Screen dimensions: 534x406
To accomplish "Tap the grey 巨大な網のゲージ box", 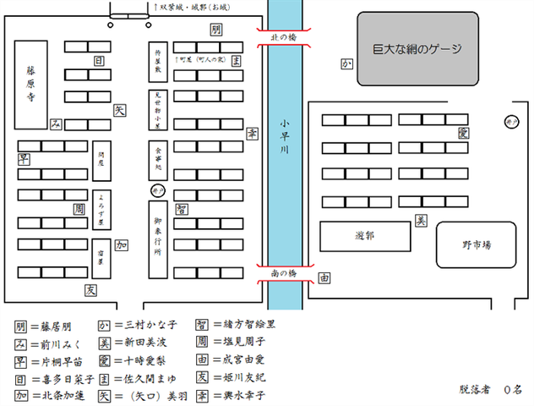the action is tap(417, 48).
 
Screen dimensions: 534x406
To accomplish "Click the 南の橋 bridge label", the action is tap(284, 274).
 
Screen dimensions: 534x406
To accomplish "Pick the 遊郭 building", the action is tap(365, 236).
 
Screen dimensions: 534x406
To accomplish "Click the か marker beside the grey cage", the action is tap(346, 64).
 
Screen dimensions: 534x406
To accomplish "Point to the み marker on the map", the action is tap(56, 124).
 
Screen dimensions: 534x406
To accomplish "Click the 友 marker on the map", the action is tap(90, 289).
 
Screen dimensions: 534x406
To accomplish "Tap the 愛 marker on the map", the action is tap(462, 133).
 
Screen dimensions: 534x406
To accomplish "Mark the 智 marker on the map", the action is tap(181, 209).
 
